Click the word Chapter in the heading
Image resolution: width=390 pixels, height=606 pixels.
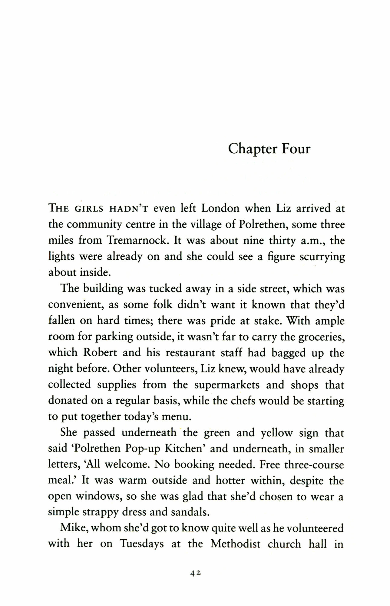[x=253, y=149]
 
